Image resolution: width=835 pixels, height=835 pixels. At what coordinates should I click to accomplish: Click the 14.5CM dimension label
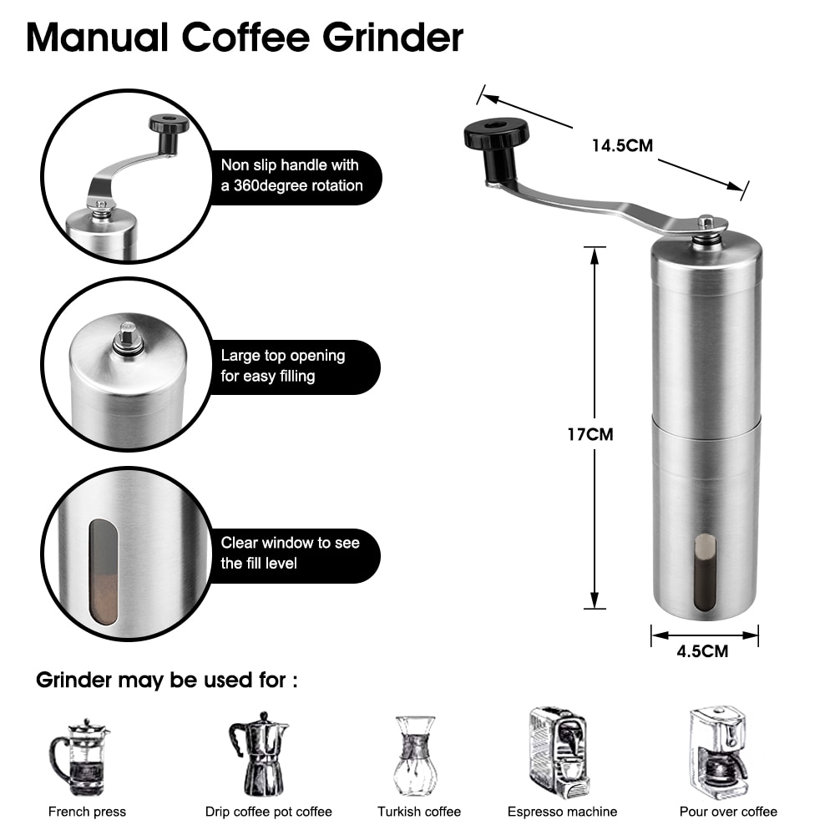(x=622, y=145)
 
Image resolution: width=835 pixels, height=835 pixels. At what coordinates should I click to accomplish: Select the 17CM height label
(x=590, y=434)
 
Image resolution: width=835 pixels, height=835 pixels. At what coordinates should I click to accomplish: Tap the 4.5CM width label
(x=703, y=651)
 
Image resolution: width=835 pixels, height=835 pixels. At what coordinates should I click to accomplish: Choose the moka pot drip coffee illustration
(x=259, y=754)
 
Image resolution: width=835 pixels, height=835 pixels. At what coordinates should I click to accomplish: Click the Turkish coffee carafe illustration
(x=416, y=756)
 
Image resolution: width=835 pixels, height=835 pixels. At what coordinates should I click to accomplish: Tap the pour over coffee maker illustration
(x=718, y=754)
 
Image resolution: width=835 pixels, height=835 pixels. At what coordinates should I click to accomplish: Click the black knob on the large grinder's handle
(x=497, y=137)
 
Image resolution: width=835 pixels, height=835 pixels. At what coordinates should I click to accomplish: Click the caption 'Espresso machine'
(x=562, y=812)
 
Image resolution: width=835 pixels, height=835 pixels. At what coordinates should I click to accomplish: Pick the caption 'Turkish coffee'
(x=418, y=812)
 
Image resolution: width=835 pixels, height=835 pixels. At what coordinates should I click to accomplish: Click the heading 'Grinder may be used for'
(x=166, y=681)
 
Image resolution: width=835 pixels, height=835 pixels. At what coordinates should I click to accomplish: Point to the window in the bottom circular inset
(x=104, y=572)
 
